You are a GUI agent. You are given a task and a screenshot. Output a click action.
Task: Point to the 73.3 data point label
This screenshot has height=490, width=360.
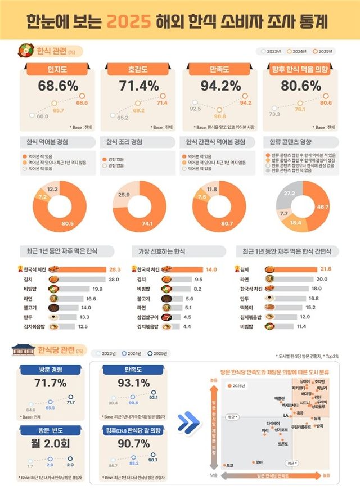(274, 114)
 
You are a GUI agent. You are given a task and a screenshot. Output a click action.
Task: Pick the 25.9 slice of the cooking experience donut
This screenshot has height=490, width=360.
(126, 194)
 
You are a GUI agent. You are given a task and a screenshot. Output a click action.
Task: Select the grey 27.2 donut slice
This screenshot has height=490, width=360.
(291, 193)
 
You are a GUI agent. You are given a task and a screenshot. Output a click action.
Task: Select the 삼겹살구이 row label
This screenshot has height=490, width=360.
(149, 317)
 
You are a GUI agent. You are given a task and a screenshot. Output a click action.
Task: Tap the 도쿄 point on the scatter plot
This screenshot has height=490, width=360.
(225, 465)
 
